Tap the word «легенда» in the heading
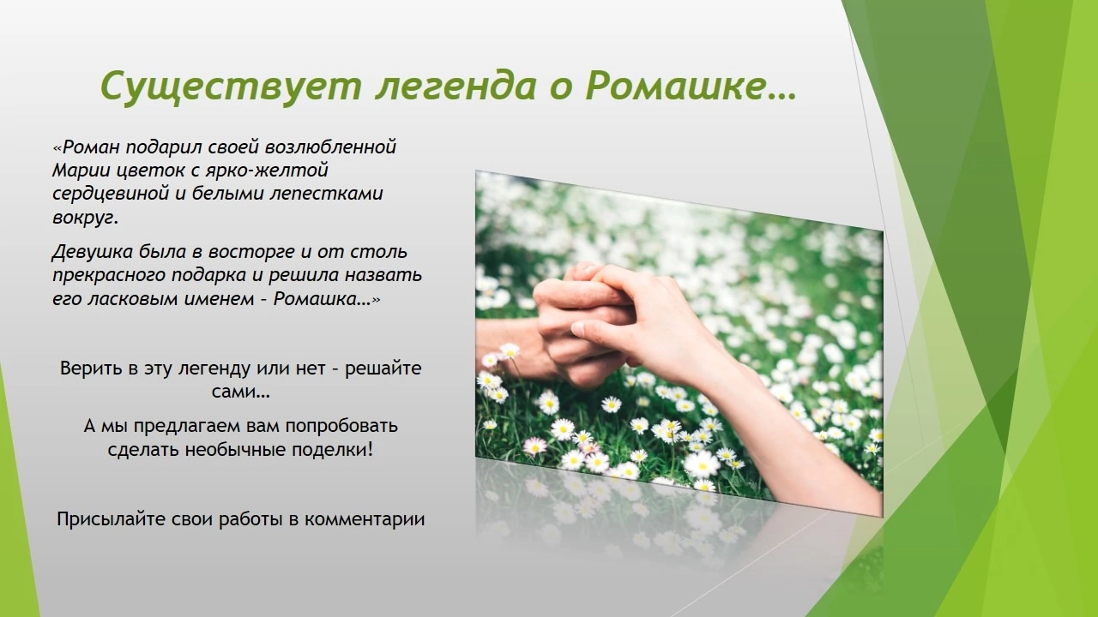point(455,87)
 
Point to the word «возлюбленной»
point(330,147)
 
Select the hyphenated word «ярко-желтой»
point(267,171)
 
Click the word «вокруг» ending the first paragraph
point(83,218)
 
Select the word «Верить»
point(91,368)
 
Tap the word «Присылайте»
point(111,519)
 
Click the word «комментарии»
point(365,519)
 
